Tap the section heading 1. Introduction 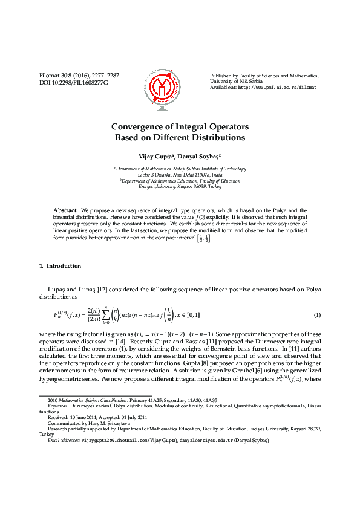coord(60,266)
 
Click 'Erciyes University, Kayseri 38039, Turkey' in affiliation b coord(180,187)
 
